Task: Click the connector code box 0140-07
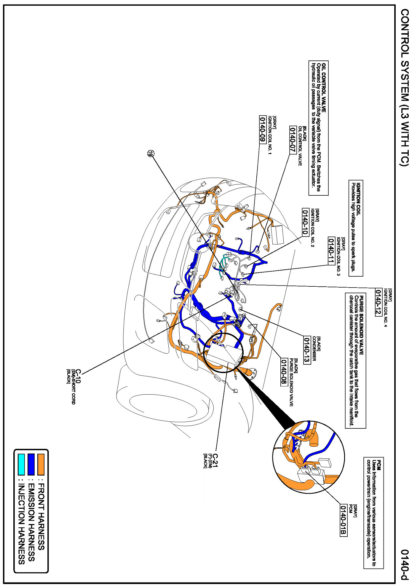tap(293, 140)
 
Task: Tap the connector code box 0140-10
tap(305, 222)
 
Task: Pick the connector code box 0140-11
tap(331, 251)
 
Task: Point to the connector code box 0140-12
tap(379, 302)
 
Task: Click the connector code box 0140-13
tap(307, 350)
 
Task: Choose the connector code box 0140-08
tap(284, 372)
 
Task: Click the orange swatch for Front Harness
tap(41, 464)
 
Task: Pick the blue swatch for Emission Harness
tap(31, 464)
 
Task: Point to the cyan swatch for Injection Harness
tap(21, 464)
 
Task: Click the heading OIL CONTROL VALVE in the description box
tap(324, 88)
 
